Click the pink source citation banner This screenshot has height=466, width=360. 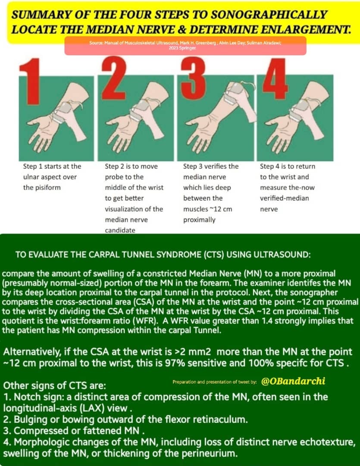(x=185, y=46)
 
